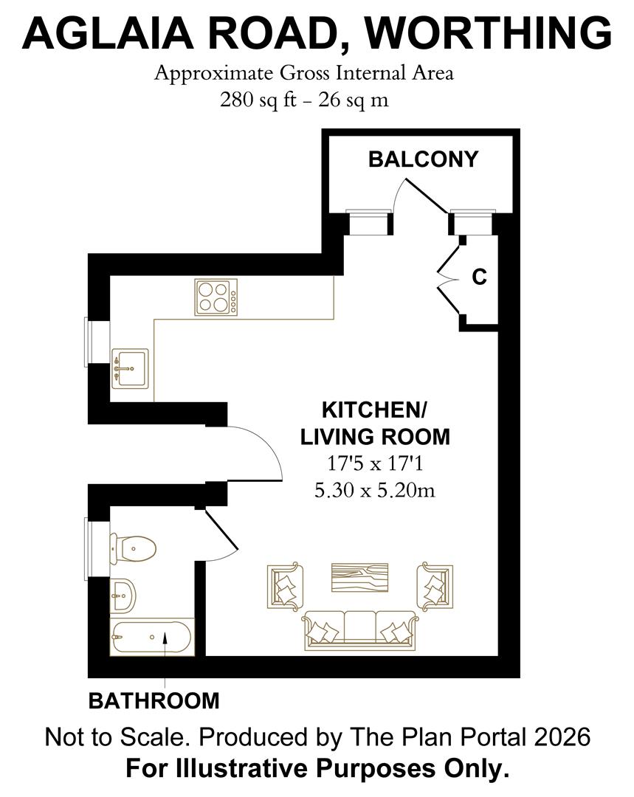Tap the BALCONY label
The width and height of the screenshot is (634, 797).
tap(423, 159)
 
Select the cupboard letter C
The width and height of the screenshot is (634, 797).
tap(479, 277)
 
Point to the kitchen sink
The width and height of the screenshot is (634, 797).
tap(129, 368)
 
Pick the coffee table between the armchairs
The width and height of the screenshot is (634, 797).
tap(359, 577)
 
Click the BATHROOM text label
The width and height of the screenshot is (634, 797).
tap(154, 700)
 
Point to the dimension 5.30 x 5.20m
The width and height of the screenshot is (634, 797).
tap(374, 490)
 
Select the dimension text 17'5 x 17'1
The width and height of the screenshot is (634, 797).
tap(374, 464)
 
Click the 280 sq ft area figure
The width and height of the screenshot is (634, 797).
tap(258, 100)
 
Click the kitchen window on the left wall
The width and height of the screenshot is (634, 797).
tap(89, 341)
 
